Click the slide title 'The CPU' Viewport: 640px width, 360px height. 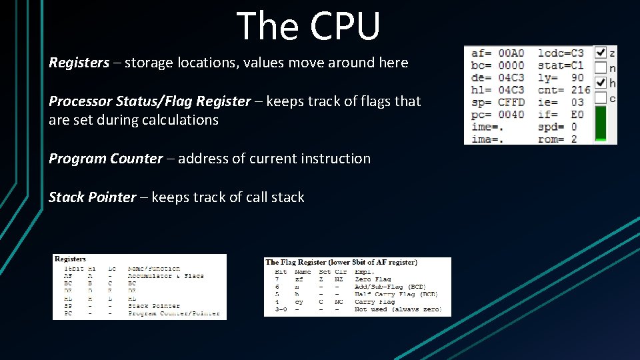pyautogui.click(x=308, y=27)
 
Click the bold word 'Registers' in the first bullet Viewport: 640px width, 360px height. pyautogui.click(x=79, y=63)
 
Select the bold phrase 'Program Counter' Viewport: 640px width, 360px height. pyautogui.click(x=105, y=159)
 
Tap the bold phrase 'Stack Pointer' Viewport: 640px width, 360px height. pyautogui.click(x=92, y=197)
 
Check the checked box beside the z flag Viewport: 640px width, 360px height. pyautogui.click(x=600, y=52)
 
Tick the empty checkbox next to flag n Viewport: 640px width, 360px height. pyautogui.click(x=600, y=67)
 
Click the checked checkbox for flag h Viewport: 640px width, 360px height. pyautogui.click(x=600, y=83)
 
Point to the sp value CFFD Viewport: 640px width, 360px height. pyautogui.click(x=511, y=102)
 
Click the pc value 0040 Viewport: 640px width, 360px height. pyautogui.click(x=511, y=114)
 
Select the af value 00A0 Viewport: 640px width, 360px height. pyautogui.click(x=511, y=53)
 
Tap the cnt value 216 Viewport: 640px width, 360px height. pyautogui.click(x=581, y=90)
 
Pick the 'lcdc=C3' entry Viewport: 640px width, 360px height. pyautogui.click(x=561, y=53)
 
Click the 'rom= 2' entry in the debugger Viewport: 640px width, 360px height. pyautogui.click(x=557, y=139)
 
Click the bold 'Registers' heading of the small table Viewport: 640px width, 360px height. pyautogui.click(x=70, y=259)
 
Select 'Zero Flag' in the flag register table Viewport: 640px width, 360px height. pyautogui.click(x=373, y=279)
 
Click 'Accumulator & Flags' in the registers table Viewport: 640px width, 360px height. pyautogui.click(x=165, y=276)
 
